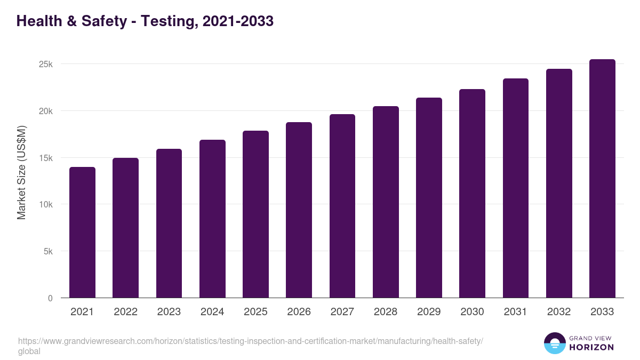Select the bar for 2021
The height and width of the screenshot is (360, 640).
point(82,233)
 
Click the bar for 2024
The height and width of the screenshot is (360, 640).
point(212,219)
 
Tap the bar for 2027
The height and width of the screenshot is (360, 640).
point(342,206)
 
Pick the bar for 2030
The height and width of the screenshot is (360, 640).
point(472,194)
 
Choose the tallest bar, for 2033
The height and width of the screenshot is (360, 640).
point(602,179)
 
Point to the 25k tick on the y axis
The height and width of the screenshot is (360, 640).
point(46,65)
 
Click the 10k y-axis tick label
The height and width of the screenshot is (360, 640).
point(46,205)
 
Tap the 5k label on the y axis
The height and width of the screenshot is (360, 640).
point(48,252)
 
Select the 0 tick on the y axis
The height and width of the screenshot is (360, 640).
point(50,299)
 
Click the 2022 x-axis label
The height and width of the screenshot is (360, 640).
point(125,312)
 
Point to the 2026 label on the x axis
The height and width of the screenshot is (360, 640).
point(299,312)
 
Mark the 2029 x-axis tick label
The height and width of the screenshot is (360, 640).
point(429,312)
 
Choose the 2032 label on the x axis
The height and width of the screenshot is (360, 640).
point(559,312)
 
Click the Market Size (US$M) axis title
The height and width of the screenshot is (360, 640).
point(21,173)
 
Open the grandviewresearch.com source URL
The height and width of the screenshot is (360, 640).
point(251,341)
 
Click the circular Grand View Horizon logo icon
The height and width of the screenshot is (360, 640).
point(555,343)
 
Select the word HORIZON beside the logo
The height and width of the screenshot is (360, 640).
point(591,347)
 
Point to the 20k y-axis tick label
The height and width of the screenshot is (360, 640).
point(46,111)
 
